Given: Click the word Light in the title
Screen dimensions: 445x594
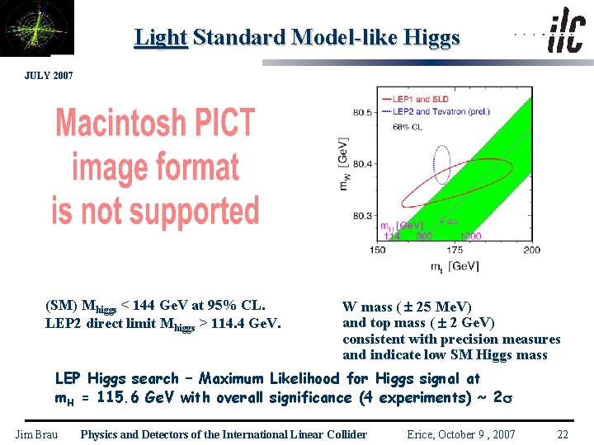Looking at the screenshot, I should point(161,37).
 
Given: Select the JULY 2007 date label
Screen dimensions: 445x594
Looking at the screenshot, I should point(50,76).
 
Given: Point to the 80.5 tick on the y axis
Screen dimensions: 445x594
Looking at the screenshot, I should point(361,112).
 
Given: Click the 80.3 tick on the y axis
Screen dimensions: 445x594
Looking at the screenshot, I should point(361,216).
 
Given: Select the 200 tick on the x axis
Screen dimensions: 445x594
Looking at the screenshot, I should point(531,250).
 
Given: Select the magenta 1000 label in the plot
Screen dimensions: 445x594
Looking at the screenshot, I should point(471,236).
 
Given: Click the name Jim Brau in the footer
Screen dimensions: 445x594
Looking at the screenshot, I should point(37,434).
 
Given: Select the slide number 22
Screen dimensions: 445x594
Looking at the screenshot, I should point(563,434).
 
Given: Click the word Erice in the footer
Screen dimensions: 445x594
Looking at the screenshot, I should point(424,434).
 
